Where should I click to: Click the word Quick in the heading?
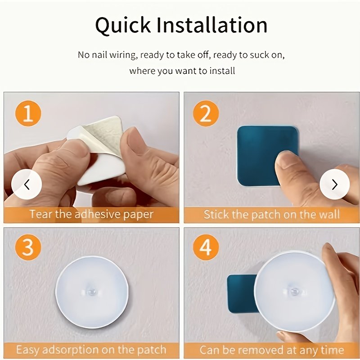[x=123, y=26]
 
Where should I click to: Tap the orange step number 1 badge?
[x=28, y=113]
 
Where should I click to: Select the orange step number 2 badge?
[x=206, y=113]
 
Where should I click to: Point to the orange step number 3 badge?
[x=28, y=247]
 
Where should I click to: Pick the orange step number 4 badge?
[x=206, y=247]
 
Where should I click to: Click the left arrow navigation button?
[x=27, y=184]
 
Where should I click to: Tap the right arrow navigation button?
[x=335, y=184]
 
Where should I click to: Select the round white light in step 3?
[x=92, y=292]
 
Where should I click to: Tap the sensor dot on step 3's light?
[x=92, y=292]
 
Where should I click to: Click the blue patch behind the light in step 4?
[x=241, y=294]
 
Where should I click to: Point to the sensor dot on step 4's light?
[x=294, y=292]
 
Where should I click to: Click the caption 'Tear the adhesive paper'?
[x=91, y=215]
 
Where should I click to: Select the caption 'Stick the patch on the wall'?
[x=271, y=215]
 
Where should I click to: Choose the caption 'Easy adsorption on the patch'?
[x=91, y=350]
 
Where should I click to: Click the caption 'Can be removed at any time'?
[x=272, y=350]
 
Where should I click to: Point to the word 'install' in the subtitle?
[x=222, y=71]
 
